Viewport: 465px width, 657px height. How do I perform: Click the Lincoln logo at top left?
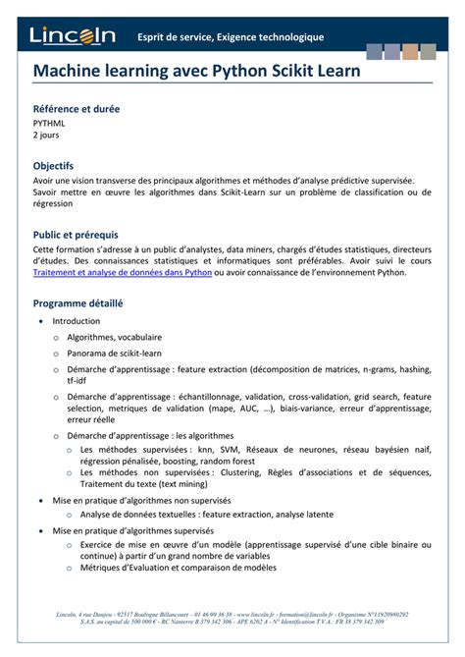click(x=73, y=35)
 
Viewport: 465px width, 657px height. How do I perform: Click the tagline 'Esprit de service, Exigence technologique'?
click(x=230, y=37)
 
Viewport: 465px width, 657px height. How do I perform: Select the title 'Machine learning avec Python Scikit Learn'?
click(x=196, y=72)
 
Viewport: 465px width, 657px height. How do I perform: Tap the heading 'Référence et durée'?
click(x=77, y=109)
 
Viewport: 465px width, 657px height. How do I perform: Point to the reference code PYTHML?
click(x=50, y=124)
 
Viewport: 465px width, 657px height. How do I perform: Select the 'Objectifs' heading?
click(x=53, y=166)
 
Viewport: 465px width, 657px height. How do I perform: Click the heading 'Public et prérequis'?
click(x=76, y=235)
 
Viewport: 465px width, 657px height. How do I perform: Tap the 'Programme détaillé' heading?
click(x=77, y=303)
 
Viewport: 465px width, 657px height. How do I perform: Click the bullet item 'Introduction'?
click(x=76, y=321)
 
